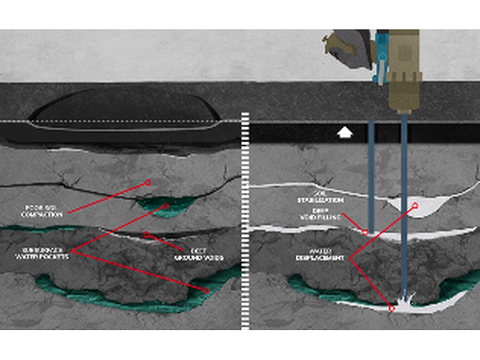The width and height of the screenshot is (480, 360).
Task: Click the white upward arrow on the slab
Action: (344, 132)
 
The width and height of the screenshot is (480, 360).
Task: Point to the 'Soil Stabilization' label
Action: (320, 197)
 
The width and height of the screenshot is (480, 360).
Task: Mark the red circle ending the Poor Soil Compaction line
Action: (147, 182)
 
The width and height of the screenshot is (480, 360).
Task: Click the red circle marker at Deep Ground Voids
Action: (146, 234)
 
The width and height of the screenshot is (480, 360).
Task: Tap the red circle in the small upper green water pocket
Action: (166, 206)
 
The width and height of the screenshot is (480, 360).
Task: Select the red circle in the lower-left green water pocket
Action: (206, 291)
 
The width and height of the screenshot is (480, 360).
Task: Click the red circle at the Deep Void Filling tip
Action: (365, 232)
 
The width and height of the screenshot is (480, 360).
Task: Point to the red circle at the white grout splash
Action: (391, 308)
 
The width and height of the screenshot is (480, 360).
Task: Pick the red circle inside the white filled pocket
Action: (414, 206)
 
